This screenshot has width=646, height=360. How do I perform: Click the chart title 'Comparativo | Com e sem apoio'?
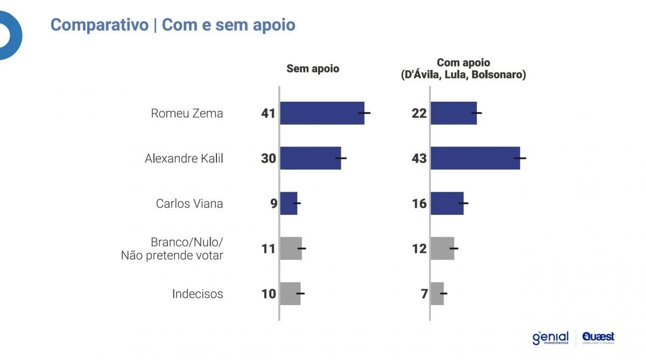[173, 25]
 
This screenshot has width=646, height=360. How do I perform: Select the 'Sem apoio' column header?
[313, 69]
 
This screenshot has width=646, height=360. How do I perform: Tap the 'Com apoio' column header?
[464, 69]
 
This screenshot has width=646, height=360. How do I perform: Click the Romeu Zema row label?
[187, 114]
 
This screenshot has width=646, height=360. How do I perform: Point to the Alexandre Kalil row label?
[184, 159]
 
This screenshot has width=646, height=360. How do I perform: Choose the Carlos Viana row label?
[189, 203]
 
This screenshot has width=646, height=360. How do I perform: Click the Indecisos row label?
[197, 294]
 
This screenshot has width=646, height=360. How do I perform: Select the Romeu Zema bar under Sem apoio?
[322, 113]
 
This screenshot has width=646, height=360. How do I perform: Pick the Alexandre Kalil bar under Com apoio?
[475, 158]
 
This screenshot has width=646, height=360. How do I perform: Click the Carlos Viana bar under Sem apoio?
[289, 203]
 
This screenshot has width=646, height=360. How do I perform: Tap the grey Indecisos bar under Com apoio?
[437, 294]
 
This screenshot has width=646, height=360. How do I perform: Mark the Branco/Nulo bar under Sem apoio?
[291, 249]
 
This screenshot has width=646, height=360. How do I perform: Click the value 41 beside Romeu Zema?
[268, 114]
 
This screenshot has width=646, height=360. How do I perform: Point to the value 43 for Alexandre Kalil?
[419, 159]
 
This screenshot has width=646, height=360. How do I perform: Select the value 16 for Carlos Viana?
[419, 203]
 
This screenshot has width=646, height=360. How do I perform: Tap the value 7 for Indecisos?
[424, 294]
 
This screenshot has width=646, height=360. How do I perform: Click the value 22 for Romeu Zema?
[419, 114]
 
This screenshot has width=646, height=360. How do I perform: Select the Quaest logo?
[598, 338]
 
